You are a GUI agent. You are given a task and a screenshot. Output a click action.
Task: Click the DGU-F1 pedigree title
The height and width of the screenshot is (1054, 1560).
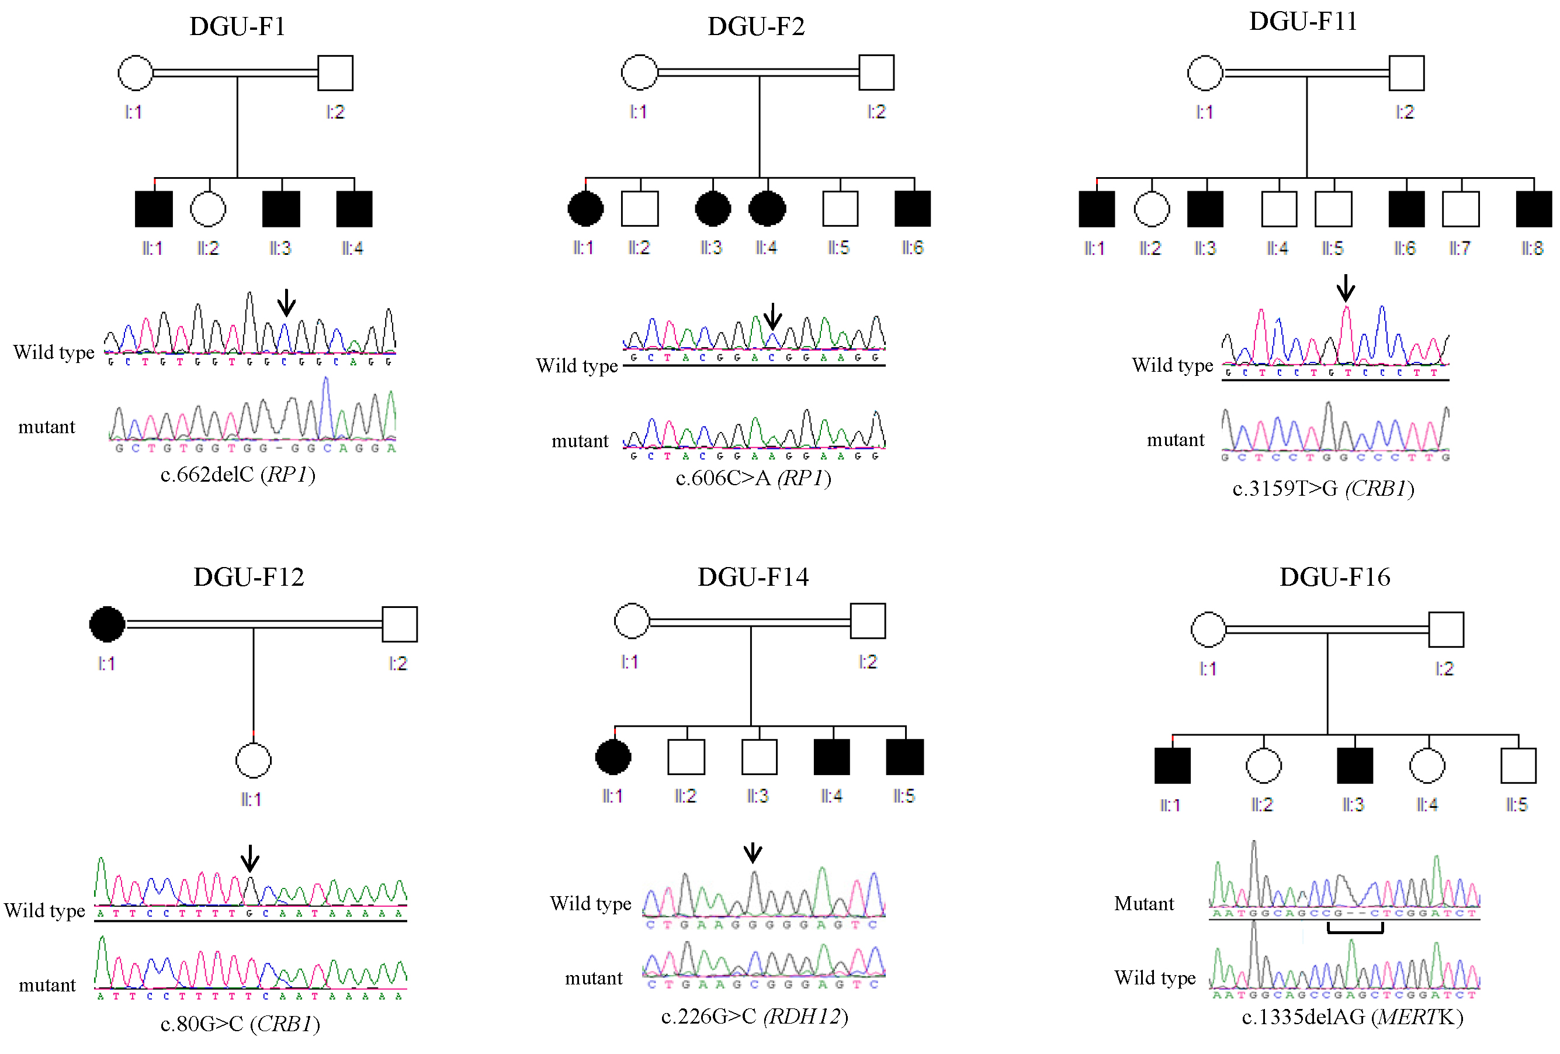tap(237, 27)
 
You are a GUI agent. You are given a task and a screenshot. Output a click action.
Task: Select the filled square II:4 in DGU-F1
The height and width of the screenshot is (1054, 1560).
tap(353, 209)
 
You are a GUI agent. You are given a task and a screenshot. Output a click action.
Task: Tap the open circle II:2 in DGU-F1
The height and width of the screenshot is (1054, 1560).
tap(208, 209)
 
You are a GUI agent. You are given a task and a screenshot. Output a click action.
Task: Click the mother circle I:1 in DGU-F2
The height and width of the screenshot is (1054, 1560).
tap(639, 72)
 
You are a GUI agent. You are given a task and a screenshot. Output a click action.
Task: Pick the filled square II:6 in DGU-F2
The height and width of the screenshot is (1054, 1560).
tap(913, 208)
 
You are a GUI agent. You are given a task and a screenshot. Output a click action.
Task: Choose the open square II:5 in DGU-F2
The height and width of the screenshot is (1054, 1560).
tap(840, 208)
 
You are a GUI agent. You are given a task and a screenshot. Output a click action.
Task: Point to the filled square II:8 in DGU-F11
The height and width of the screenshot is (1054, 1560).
tap(1534, 209)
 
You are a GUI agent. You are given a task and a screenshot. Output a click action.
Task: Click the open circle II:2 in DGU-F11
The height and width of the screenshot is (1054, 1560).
tap(1152, 209)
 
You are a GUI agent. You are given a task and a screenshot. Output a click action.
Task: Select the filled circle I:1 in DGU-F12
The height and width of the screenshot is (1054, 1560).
tap(108, 624)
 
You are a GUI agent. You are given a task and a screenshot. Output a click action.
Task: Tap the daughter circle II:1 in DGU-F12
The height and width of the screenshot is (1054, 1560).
tap(253, 761)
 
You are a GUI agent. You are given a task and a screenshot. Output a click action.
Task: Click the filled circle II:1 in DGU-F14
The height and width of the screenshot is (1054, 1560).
tap(613, 757)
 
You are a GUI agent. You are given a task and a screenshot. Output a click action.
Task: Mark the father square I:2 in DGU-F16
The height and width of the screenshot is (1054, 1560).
tap(1446, 630)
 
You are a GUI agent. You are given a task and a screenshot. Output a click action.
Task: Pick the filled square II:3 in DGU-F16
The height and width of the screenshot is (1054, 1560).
tap(1354, 766)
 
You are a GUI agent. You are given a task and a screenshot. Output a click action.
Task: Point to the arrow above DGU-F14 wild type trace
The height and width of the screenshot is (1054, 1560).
tap(753, 852)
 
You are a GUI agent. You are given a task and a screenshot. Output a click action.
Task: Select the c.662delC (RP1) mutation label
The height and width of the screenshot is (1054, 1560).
tap(238, 474)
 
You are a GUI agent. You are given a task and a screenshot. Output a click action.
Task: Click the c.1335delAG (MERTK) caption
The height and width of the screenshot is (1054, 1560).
tap(1352, 1017)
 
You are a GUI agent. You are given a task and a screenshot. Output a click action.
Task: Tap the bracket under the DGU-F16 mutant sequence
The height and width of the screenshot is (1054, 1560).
tap(1356, 929)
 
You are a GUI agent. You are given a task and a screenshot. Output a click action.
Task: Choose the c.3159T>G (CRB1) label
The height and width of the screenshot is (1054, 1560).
tap(1323, 488)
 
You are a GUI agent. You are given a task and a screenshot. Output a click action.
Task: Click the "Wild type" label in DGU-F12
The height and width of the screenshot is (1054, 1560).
tap(44, 910)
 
